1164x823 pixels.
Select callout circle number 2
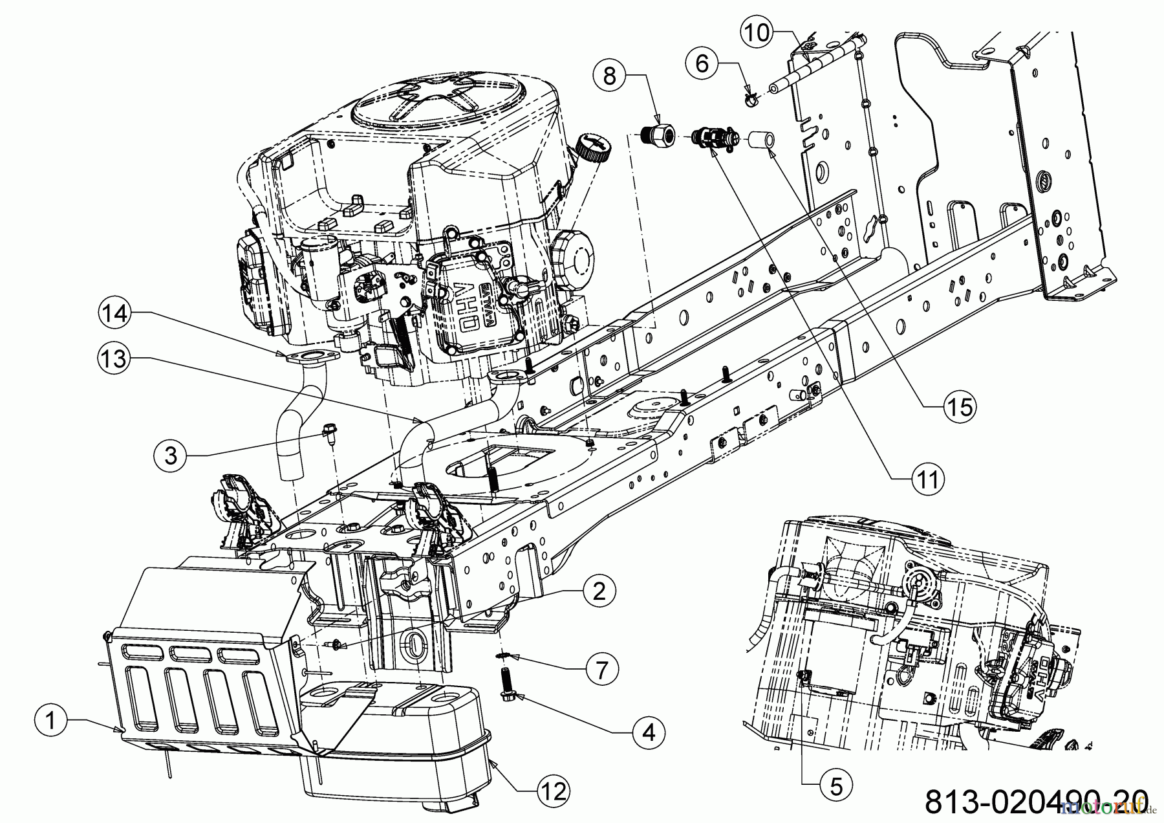pyautogui.click(x=599, y=591)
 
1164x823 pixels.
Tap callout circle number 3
pyautogui.click(x=171, y=455)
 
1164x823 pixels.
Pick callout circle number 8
pyautogui.click(x=610, y=76)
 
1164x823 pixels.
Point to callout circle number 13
pyautogui.click(x=114, y=358)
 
